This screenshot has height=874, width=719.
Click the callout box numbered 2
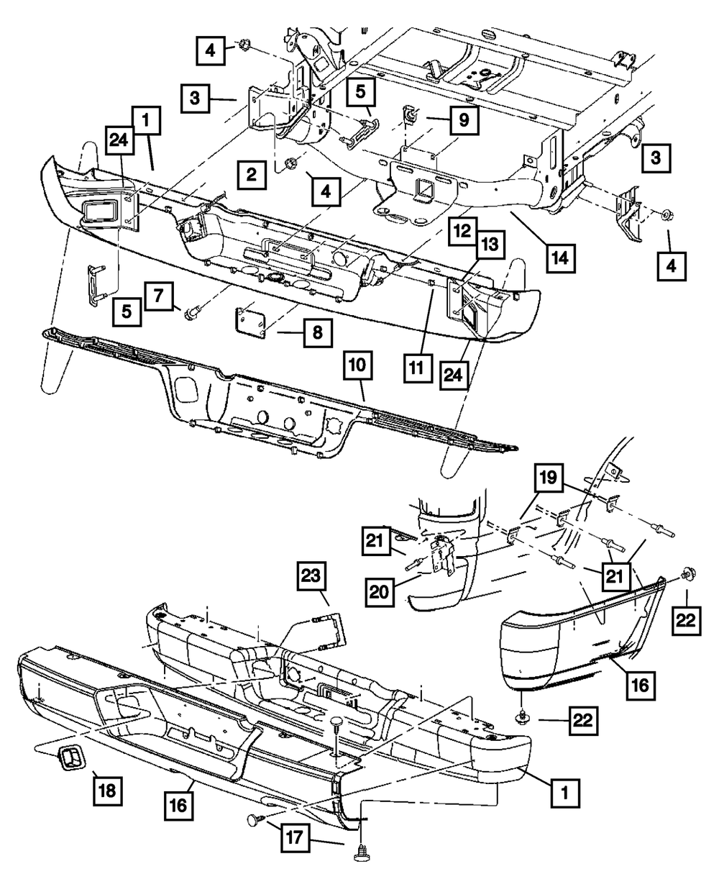[x=251, y=174]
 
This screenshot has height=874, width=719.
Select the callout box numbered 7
[x=159, y=296]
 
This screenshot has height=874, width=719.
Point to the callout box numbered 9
[x=463, y=120]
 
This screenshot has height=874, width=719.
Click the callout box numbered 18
[x=106, y=792]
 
